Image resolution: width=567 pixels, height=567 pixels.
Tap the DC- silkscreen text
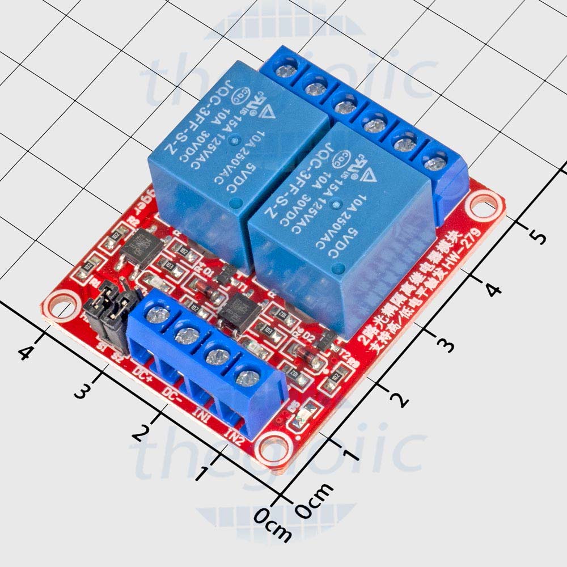coord(172,393)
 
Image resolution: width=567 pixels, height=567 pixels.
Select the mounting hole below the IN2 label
coord(274,446)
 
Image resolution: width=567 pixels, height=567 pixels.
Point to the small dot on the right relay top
coord(337,202)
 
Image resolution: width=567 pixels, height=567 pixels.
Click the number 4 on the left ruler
coord(25,353)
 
